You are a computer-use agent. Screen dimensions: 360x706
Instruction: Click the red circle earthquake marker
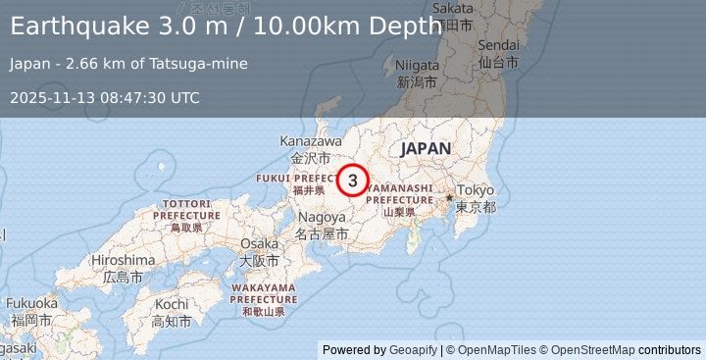352,180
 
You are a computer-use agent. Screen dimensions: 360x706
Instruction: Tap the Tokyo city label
476,190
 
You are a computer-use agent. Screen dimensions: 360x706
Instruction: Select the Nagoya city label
322,217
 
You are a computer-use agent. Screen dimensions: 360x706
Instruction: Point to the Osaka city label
259,243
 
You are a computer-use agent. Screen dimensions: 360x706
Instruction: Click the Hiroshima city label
123,260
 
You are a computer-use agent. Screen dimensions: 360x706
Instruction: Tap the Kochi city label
171,305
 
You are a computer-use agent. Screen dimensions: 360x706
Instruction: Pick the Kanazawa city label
311,141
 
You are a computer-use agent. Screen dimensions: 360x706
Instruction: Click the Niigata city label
415,66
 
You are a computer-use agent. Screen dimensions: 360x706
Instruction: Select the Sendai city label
498,46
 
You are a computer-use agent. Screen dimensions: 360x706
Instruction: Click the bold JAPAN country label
425,148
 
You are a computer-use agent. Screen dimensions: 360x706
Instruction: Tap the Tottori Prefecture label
186,208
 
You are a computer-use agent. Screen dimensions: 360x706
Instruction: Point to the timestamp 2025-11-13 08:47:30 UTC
105,97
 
